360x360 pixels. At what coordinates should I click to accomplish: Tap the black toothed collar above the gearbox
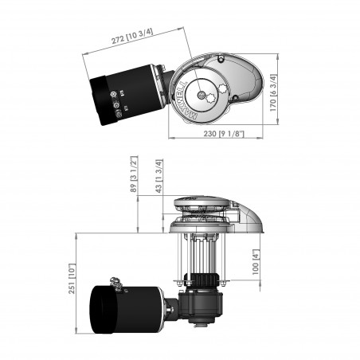[x=209, y=280]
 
